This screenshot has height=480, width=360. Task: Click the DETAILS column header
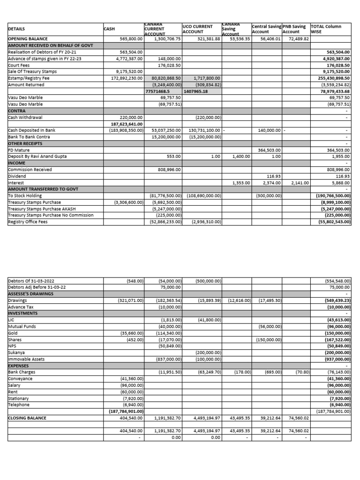coord(17,29)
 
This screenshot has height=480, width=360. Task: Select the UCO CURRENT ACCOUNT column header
coord(197,29)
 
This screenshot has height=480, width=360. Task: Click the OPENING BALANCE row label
coord(28,39)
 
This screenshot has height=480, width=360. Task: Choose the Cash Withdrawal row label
coord(23,117)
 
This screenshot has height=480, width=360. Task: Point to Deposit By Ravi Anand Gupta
coord(37,156)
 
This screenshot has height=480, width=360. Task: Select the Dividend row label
coord(17,176)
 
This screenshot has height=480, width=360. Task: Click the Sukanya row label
coord(17,352)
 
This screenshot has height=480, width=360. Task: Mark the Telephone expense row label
coord(19,405)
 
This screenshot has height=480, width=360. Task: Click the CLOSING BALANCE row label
coord(27,418)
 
